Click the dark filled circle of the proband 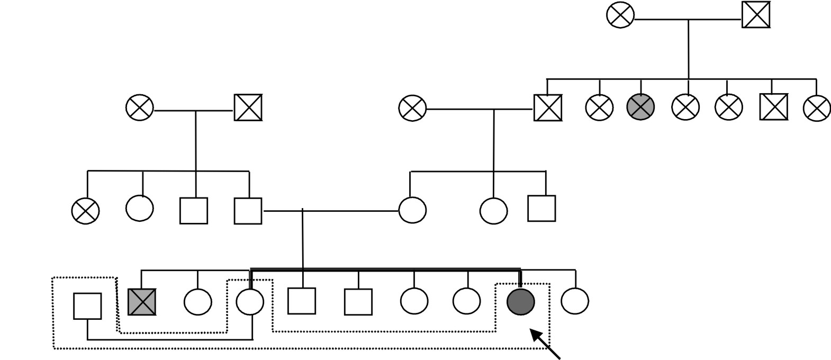point(521,302)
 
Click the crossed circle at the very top point(620,15)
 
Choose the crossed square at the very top point(756,15)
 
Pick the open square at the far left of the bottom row point(87,306)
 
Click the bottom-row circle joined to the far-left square point(250,302)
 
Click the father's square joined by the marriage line point(248,211)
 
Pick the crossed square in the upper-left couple point(248,107)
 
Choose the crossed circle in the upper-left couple point(140,108)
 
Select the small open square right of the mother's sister point(541,208)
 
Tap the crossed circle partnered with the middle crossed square point(412,109)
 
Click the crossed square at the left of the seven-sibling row point(548,107)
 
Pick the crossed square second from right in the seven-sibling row point(773,107)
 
